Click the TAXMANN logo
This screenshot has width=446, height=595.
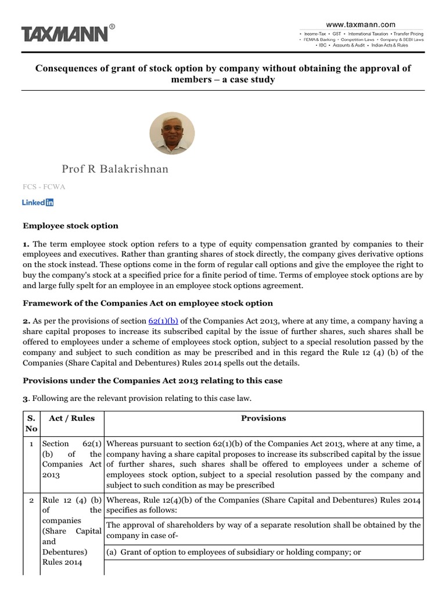[65, 34]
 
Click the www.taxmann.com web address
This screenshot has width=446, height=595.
[361, 24]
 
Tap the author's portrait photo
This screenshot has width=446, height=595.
[172, 134]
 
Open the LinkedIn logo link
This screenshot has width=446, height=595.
[38, 202]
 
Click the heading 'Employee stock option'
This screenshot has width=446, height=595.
[70, 225]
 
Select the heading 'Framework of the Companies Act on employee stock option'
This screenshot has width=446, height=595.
[148, 303]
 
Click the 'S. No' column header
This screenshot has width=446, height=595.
[31, 423]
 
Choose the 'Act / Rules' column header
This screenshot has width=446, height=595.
[72, 418]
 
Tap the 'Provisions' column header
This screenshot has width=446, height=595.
[264, 418]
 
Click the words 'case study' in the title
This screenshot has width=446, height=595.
[251, 79]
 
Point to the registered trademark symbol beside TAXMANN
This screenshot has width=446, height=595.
[112, 26]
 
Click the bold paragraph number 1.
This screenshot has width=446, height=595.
[26, 244]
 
